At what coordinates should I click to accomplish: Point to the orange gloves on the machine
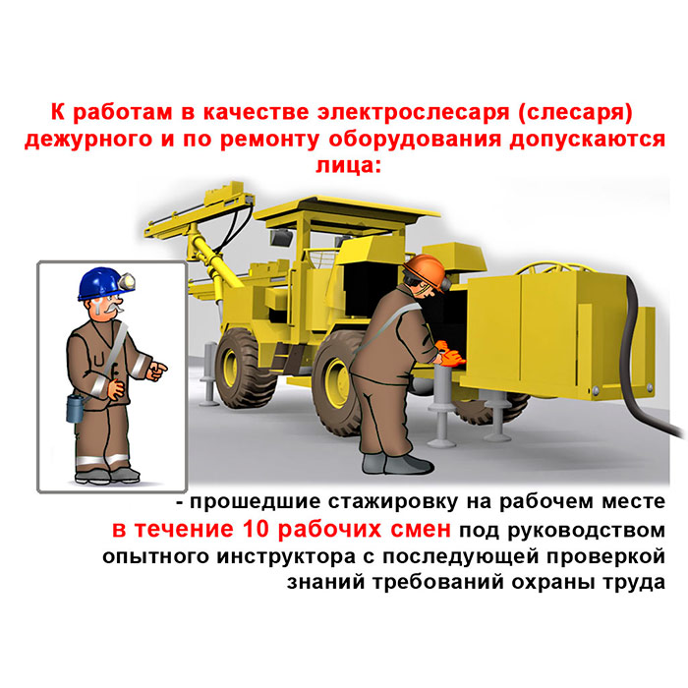point(450,354)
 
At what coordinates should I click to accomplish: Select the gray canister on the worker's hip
point(75,408)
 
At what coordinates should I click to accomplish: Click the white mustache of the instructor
point(112,306)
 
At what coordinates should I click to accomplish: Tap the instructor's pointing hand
point(156,371)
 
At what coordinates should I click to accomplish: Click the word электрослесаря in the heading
point(414,112)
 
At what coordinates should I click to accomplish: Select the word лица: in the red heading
point(348,165)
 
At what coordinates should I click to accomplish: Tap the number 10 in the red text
point(255,529)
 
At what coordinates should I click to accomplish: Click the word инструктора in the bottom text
point(286,557)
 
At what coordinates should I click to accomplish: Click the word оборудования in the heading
point(415,139)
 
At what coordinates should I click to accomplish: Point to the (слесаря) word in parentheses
point(575,112)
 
